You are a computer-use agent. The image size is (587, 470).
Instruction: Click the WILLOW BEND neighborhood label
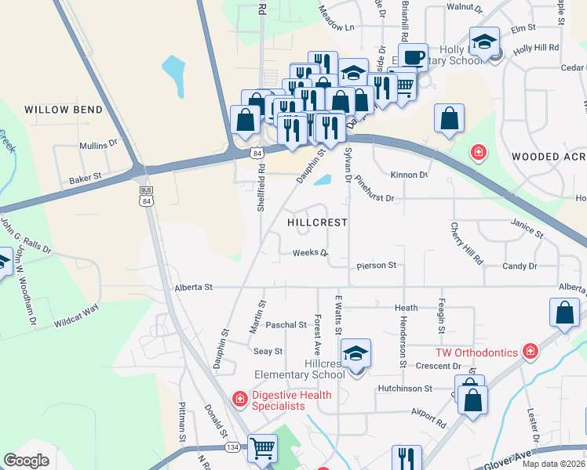tap(63, 110)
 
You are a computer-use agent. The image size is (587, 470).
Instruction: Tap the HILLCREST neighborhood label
tap(317, 222)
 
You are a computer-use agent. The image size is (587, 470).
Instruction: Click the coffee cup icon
tap(413, 57)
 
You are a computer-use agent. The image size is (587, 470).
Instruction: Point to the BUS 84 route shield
tap(145, 195)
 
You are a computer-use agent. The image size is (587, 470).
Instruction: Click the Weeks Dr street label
tap(309, 253)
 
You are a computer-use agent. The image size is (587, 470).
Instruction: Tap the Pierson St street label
tap(376, 266)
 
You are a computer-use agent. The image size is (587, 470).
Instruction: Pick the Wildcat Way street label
tap(77, 315)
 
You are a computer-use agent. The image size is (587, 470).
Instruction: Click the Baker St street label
tap(86, 179)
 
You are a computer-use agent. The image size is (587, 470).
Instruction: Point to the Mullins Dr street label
tap(97, 145)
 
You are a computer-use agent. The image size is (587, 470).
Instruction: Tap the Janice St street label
tap(527, 228)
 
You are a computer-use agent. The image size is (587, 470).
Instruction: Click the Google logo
tap(27, 460)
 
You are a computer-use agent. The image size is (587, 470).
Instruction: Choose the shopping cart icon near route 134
tap(262, 448)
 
